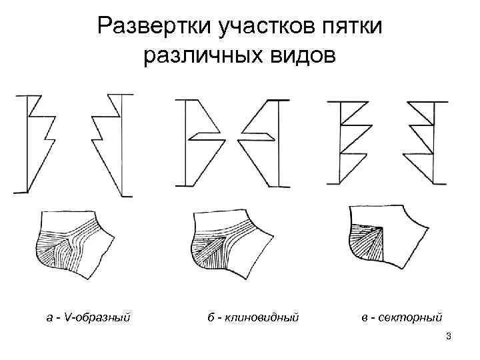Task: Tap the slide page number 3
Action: pos(449,335)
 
